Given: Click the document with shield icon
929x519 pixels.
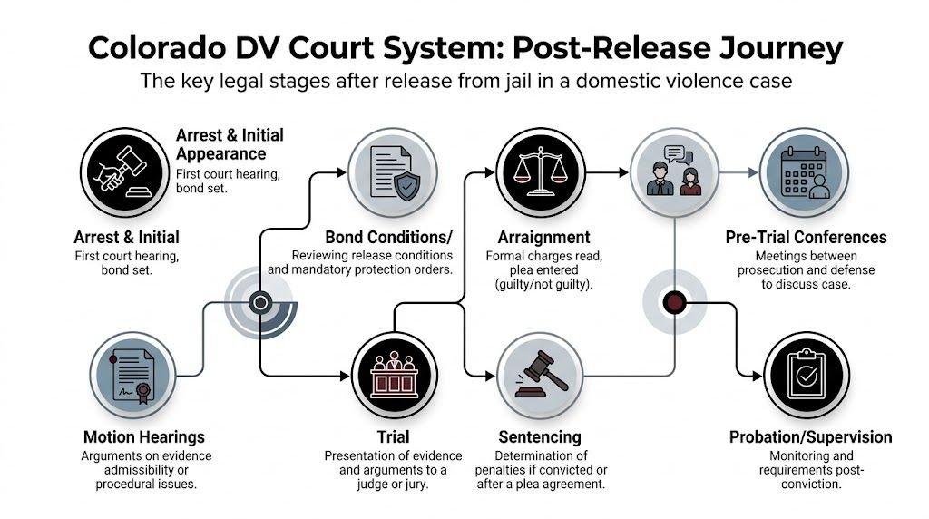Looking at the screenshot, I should (391, 171).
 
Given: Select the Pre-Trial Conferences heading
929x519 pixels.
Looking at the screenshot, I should (806, 238).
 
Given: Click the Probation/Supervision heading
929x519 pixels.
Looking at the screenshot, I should (810, 437).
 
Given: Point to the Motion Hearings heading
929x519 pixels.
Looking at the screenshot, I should (143, 437).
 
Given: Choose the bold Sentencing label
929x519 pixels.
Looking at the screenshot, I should (540, 437).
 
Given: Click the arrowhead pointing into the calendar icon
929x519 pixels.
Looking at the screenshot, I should (751, 171).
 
